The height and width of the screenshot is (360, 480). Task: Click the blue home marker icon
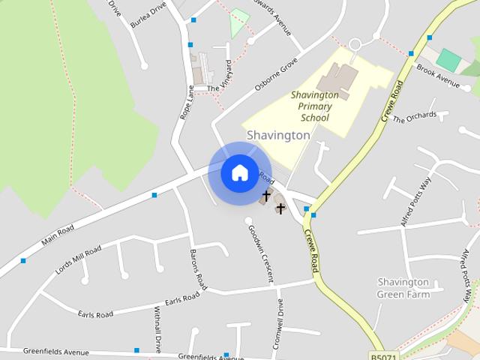click(240, 173)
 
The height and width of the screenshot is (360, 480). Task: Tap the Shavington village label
click(278, 136)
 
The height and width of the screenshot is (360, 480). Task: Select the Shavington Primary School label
click(314, 106)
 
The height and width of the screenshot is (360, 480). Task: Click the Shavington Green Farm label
click(403, 288)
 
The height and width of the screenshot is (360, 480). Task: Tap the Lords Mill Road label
click(78, 259)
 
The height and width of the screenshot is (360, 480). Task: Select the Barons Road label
click(198, 269)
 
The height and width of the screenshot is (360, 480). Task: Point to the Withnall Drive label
click(157, 329)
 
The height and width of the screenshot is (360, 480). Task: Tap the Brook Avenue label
click(438, 76)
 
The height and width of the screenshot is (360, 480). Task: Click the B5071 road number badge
click(383, 355)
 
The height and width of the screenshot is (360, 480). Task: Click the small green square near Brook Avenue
click(449, 60)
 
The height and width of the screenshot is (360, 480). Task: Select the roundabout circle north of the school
click(355, 44)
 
